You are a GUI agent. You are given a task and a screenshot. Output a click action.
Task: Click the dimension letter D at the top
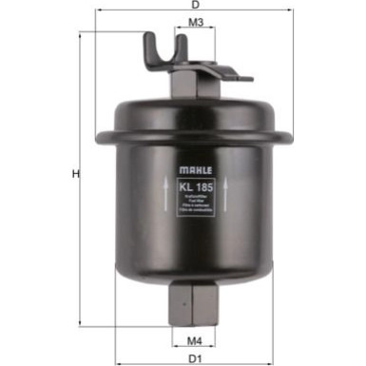coord(195,5)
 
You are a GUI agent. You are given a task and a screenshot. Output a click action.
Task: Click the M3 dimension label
coord(194,22)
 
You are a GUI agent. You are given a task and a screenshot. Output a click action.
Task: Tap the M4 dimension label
coord(194,338)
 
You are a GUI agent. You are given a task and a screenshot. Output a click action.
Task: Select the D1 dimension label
coord(195,358)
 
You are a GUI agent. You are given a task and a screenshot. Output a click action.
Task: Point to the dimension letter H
coord(74,174)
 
